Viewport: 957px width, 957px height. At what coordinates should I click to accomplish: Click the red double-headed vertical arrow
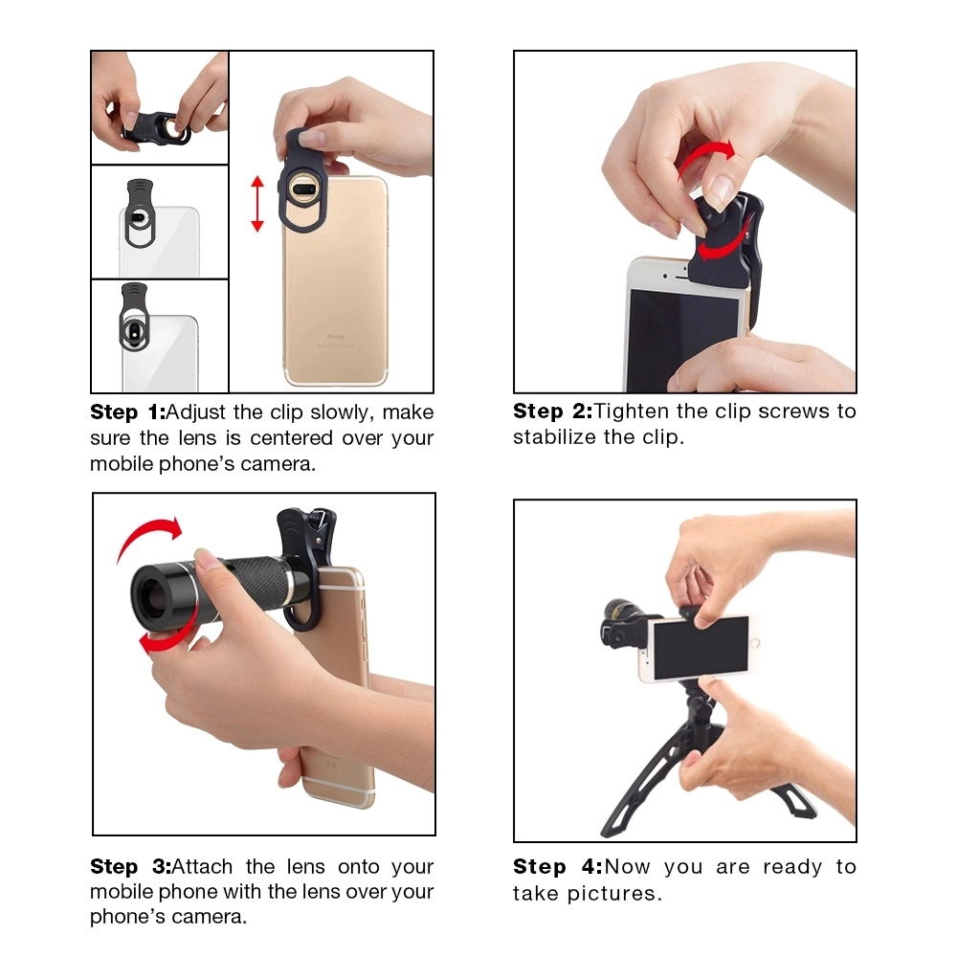[x=256, y=204]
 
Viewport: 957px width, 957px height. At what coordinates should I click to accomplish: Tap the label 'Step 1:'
[x=127, y=412]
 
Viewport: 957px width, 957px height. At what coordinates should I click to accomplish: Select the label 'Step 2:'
[x=550, y=412]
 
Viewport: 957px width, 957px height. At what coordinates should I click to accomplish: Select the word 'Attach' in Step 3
[x=204, y=867]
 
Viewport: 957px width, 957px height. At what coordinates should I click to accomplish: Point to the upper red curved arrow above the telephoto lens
[x=148, y=536]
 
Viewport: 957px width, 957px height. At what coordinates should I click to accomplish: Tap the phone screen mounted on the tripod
[x=700, y=647]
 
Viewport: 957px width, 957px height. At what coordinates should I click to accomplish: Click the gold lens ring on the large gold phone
[x=303, y=189]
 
